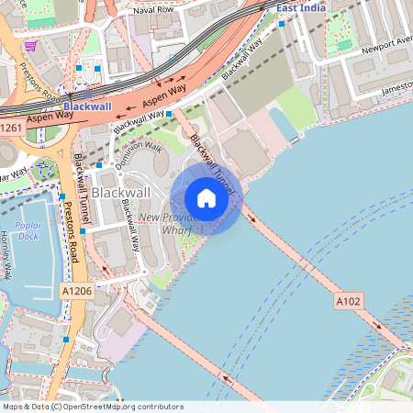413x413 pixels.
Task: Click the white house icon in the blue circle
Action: (x=206, y=198)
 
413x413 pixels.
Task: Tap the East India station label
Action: (x=301, y=7)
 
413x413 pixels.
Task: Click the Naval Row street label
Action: (x=153, y=9)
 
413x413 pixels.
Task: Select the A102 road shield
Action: (x=348, y=300)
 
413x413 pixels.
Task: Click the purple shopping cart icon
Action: (x=31, y=46)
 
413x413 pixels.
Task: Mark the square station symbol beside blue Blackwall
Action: (x=86, y=94)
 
